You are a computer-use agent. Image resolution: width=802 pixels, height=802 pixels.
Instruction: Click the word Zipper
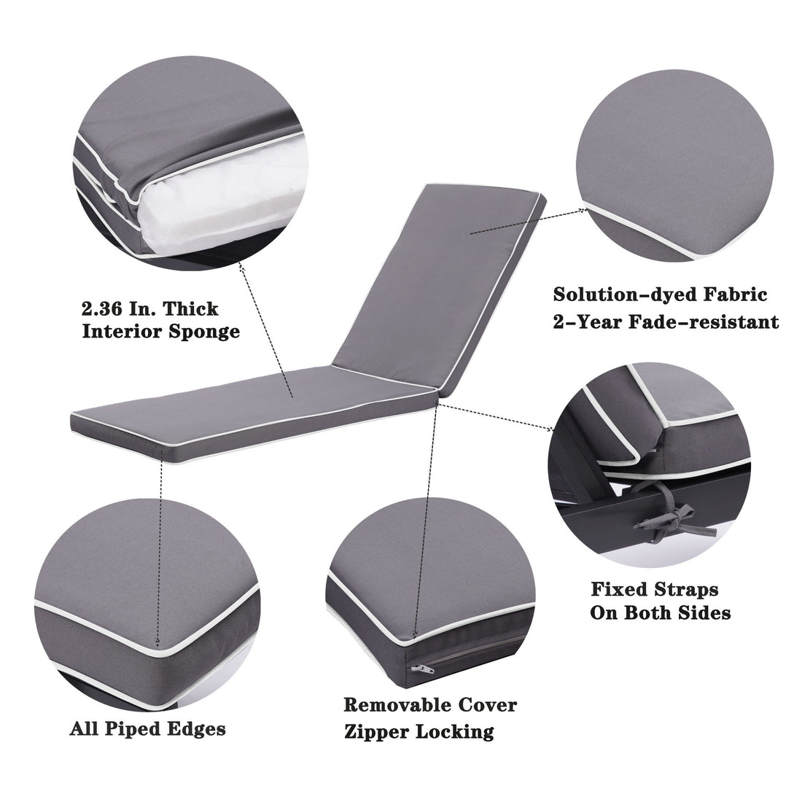(x=378, y=731)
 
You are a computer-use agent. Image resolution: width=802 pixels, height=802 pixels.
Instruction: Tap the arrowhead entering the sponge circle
(x=242, y=267)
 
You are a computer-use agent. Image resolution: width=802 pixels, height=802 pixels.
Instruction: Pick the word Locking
(x=459, y=731)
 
